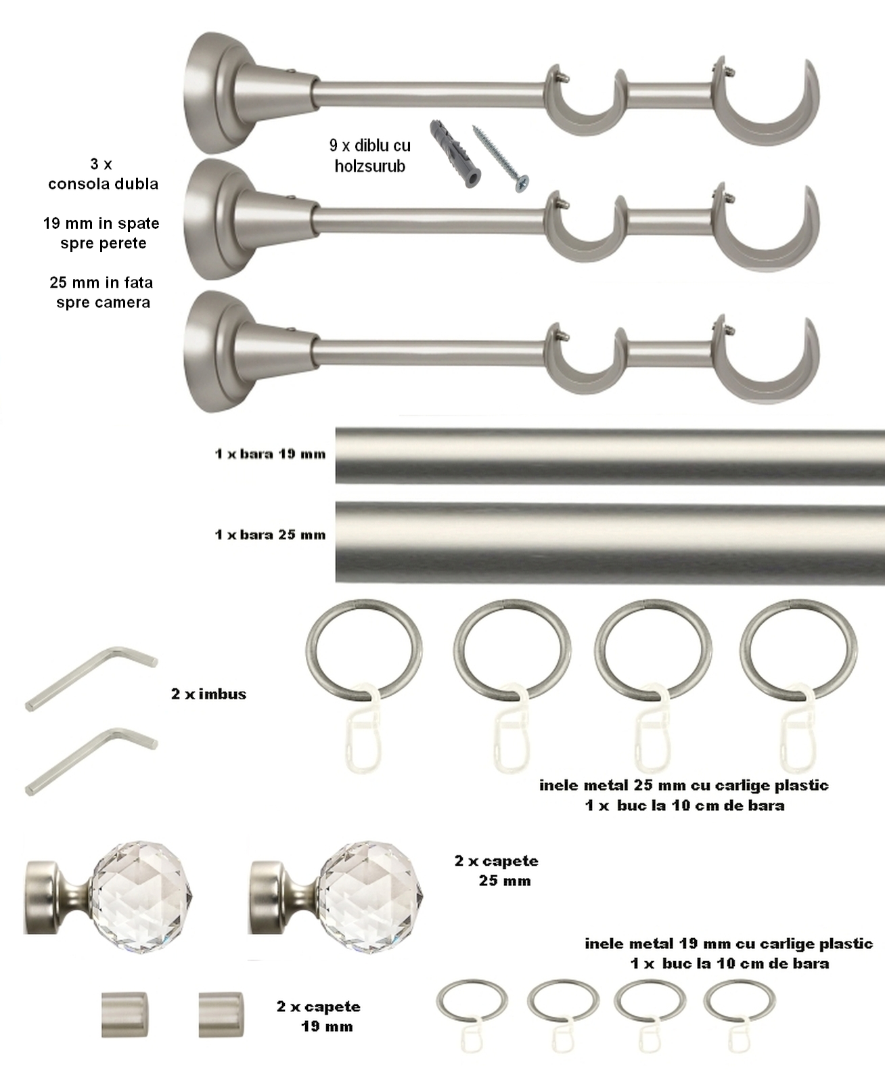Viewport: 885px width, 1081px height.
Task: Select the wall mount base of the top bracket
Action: (215, 93)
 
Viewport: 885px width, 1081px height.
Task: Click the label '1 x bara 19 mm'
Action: (270, 454)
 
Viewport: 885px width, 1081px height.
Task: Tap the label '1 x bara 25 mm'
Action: (270, 535)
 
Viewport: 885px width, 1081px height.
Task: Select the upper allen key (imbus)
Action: (91, 678)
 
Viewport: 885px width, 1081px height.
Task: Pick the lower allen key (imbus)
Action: (91, 761)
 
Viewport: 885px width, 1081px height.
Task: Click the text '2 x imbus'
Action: (208, 694)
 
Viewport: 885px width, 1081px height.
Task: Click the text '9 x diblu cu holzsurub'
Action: (370, 156)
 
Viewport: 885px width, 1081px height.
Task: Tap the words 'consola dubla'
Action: (103, 183)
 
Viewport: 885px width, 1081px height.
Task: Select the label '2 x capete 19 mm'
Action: (319, 1017)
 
